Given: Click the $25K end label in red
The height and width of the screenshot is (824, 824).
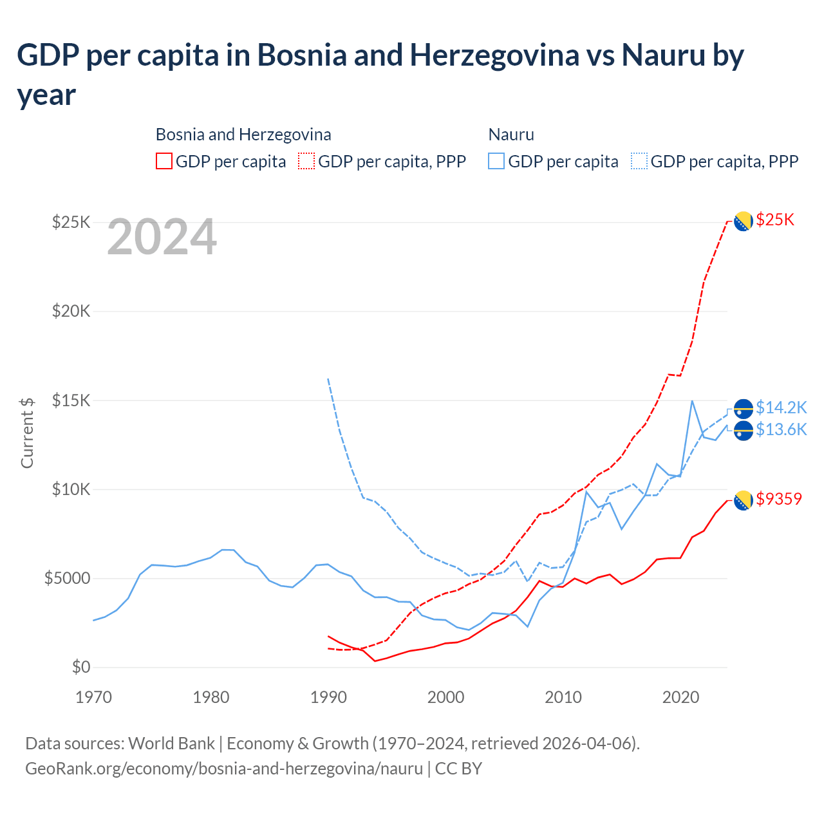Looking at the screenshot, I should (x=775, y=220).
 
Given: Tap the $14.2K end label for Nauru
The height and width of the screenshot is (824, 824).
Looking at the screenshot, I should (x=781, y=407).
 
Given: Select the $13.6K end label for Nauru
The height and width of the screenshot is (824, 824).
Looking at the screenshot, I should (x=781, y=429).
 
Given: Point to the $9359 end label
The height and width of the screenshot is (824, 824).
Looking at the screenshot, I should (x=779, y=499).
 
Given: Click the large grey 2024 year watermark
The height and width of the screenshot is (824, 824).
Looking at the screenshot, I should (x=162, y=237).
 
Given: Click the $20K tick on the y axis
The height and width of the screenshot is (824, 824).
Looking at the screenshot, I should (x=71, y=312).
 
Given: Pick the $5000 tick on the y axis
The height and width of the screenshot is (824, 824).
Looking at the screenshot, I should (x=67, y=578).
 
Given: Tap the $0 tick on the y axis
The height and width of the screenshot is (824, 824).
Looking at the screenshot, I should (x=80, y=667).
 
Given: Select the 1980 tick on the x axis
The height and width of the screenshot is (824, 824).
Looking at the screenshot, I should (x=211, y=697).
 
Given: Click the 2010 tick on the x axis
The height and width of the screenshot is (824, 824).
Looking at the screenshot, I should (x=563, y=697).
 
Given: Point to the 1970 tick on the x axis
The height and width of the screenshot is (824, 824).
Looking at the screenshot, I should (x=94, y=697).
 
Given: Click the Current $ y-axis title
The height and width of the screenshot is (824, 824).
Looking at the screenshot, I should (x=27, y=433).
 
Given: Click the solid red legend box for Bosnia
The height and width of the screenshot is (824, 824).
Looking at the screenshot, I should (x=164, y=161).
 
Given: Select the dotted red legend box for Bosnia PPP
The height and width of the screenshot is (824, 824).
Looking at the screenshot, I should (x=307, y=161).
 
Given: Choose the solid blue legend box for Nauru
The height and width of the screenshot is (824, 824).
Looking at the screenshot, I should (x=496, y=161).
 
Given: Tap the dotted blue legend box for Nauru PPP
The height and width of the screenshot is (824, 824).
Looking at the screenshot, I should (x=639, y=161).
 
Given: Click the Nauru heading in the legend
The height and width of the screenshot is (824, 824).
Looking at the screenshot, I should (x=511, y=135).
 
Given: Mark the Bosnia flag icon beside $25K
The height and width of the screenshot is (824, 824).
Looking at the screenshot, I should (x=743, y=221).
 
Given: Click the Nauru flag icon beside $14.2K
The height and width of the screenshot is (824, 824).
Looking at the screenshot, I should (x=743, y=408).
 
